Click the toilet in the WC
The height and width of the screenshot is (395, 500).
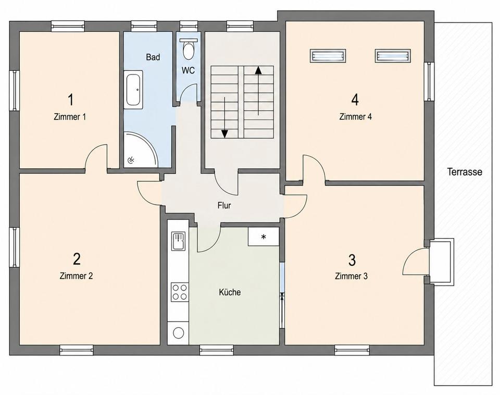click(x=189, y=49)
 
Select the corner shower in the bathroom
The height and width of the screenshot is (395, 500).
click(x=140, y=150)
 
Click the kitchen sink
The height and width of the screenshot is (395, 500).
click(x=178, y=241)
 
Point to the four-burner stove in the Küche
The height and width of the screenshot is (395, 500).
click(x=179, y=292)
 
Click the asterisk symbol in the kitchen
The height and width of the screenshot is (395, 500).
click(x=264, y=237)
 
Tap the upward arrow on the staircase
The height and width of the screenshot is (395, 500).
click(x=258, y=91)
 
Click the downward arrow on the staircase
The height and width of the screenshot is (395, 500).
click(x=225, y=117)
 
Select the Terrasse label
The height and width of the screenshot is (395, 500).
click(x=465, y=172)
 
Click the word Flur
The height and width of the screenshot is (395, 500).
click(x=224, y=205)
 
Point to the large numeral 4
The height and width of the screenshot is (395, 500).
click(x=355, y=100)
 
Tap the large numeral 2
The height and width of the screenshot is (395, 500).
click(x=77, y=259)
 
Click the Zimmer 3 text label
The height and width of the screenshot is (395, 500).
click(x=351, y=276)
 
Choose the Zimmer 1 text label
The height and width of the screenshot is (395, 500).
click(x=70, y=117)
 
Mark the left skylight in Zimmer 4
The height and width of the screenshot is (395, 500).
click(x=328, y=56)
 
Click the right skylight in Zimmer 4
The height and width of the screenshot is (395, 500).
click(x=393, y=56)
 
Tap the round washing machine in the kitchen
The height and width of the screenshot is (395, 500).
click(x=178, y=333)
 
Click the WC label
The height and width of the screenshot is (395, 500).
click(x=188, y=70)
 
